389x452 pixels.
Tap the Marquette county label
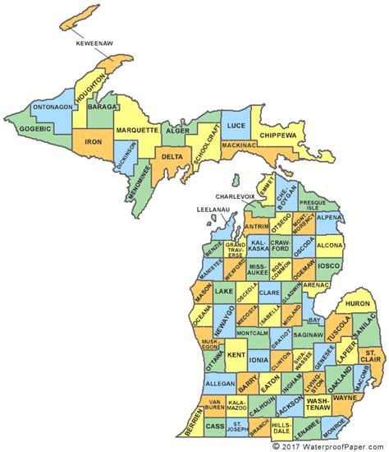pyautogui.click(x=135, y=129)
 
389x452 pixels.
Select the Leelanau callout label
pyautogui.click(x=216, y=210)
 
